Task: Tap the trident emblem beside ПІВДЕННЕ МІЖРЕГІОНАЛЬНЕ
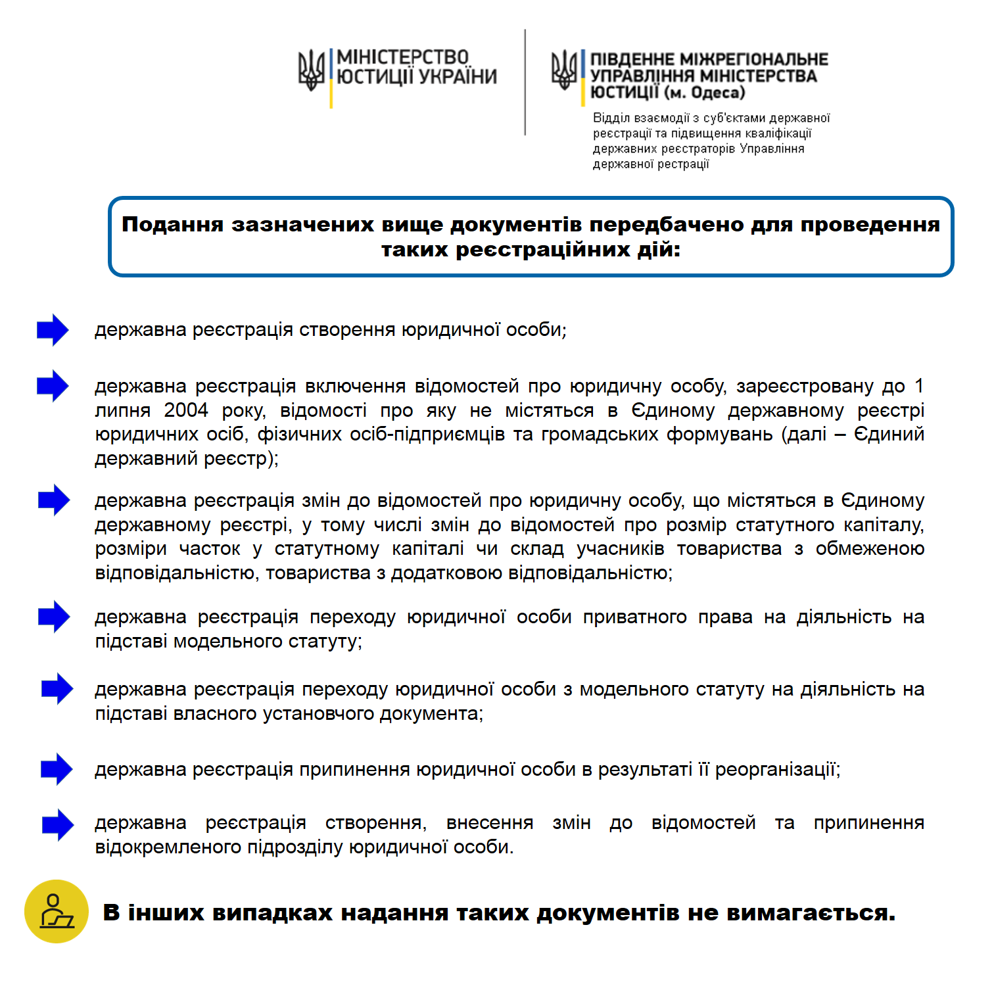coord(564,70)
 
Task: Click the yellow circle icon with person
coord(57,911)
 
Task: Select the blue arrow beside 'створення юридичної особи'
coord(53,330)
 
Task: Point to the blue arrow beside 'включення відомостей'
coord(53,386)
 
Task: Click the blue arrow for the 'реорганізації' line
coord(57,769)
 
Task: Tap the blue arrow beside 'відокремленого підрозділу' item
coord(58,825)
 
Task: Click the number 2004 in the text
coord(186,410)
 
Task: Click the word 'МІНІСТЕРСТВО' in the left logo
coord(402,58)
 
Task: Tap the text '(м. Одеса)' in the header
coord(704,93)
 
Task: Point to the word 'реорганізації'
coord(777,769)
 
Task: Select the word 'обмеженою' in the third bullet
coord(869,549)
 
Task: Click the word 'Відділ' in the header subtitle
coord(611,118)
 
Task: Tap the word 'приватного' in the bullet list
coord(634,617)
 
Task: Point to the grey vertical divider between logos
coord(525,82)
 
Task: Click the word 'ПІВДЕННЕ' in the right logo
coord(631,60)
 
